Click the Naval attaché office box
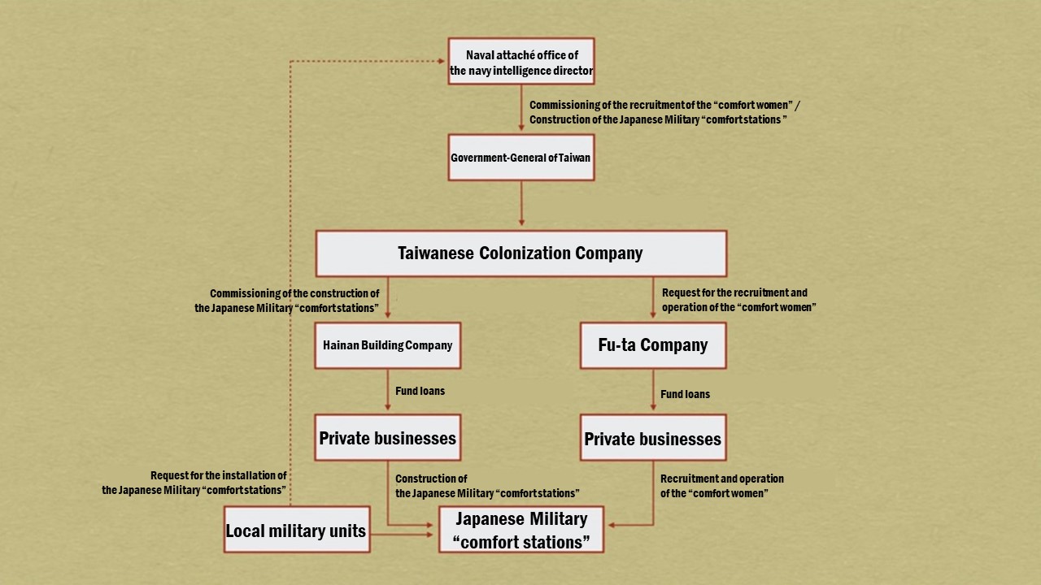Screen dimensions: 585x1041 (x=521, y=61)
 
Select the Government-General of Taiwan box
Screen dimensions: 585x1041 (x=521, y=157)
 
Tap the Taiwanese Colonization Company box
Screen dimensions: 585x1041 (x=520, y=253)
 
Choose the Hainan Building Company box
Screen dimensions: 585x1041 (x=387, y=345)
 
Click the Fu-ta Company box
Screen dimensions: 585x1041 (x=652, y=345)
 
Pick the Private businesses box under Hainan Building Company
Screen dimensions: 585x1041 (x=387, y=438)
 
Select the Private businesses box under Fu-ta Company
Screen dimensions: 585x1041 (x=652, y=439)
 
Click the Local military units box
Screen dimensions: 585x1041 (x=296, y=531)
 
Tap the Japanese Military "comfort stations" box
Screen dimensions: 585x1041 (x=521, y=530)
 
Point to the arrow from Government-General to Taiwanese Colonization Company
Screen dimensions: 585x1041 (x=521, y=203)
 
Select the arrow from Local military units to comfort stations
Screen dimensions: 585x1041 (x=403, y=534)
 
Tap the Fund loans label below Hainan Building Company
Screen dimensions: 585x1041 (x=420, y=391)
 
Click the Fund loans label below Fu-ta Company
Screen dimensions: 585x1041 (x=685, y=394)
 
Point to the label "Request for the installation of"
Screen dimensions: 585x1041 (x=218, y=475)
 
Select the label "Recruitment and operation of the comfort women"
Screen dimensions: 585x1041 (x=721, y=486)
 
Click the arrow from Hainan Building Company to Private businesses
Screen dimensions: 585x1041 (x=387, y=392)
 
